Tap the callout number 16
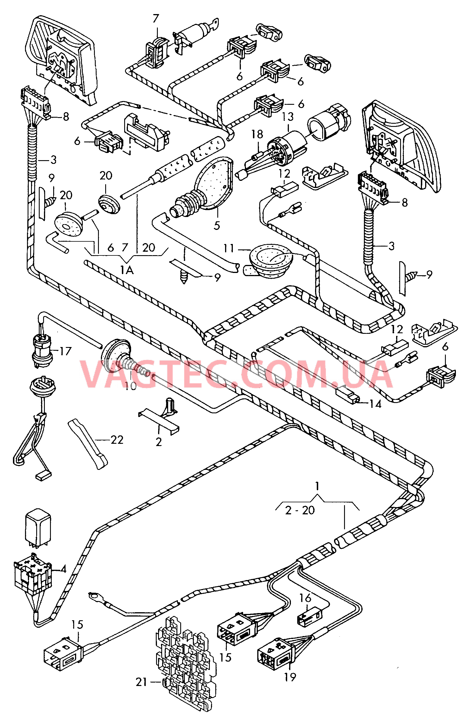tap(305, 598)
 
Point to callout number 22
tap(117, 440)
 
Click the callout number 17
tap(65, 351)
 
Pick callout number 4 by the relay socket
tap(63, 569)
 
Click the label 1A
tap(127, 270)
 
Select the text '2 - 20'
tap(300, 510)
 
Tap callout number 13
tap(288, 117)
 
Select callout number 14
tap(375, 404)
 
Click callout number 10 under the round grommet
tap(131, 386)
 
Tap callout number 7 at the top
tap(156, 19)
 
